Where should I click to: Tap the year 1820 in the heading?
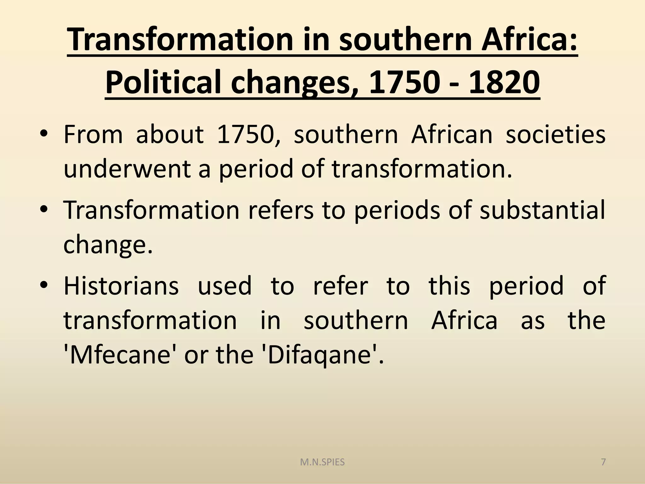504,83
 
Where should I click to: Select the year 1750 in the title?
403,83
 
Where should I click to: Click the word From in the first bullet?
93,135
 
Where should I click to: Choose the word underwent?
127,169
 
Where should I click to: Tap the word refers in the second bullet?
281,210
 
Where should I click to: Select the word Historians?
121,286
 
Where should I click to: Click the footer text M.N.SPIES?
322,463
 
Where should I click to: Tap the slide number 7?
603,462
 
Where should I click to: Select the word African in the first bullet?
452,135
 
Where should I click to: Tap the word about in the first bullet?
169,135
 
